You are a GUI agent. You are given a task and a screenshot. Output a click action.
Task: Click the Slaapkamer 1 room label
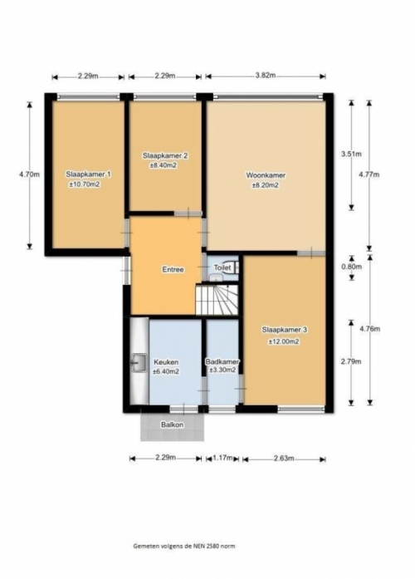[x=89, y=174]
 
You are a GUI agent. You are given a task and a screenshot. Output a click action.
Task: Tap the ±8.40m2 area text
[x=164, y=165]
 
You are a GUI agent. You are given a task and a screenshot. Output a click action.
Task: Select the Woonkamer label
[x=266, y=175]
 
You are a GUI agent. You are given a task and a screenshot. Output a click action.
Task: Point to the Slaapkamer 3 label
[x=285, y=330]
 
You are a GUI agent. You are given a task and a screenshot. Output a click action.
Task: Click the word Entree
[x=173, y=269]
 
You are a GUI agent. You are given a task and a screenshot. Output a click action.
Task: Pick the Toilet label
[x=222, y=267]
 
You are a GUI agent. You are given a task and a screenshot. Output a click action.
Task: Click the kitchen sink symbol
[x=139, y=362]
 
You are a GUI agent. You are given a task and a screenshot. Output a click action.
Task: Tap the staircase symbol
[x=217, y=300]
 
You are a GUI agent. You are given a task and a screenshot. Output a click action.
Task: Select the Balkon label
[x=173, y=424]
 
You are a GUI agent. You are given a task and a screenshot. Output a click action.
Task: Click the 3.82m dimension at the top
[x=266, y=76]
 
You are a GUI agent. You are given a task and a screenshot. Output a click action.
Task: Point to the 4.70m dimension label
[x=29, y=174]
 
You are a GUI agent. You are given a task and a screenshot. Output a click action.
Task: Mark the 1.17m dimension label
[x=223, y=459]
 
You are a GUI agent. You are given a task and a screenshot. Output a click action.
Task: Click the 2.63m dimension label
[x=284, y=459]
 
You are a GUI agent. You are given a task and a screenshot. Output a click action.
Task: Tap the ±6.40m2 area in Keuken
[x=166, y=372]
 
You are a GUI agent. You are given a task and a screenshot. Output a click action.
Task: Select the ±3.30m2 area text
[x=222, y=370]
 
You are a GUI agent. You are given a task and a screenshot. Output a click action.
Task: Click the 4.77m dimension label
[x=369, y=174]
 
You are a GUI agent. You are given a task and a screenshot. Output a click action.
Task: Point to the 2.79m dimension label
[x=351, y=361]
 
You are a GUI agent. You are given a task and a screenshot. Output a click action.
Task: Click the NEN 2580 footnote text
[x=184, y=546]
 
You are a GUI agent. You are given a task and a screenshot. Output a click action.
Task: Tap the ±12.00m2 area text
[x=284, y=342]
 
